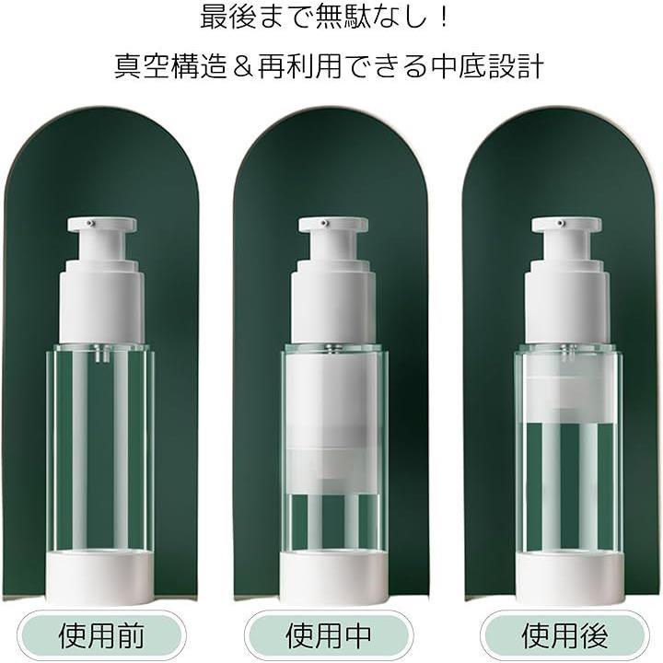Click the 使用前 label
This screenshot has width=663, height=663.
101,634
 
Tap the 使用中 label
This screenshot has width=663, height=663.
329,634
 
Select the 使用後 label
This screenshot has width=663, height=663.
564,634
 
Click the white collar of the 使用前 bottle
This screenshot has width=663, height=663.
102,302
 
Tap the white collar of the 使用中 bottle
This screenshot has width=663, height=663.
333,302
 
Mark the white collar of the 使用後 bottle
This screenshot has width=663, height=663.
567,302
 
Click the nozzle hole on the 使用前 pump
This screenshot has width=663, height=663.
89,222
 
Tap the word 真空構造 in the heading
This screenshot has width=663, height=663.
171,66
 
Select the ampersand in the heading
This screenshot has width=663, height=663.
242,67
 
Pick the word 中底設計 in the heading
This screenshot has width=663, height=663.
487,66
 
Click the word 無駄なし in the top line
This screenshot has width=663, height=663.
372,17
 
